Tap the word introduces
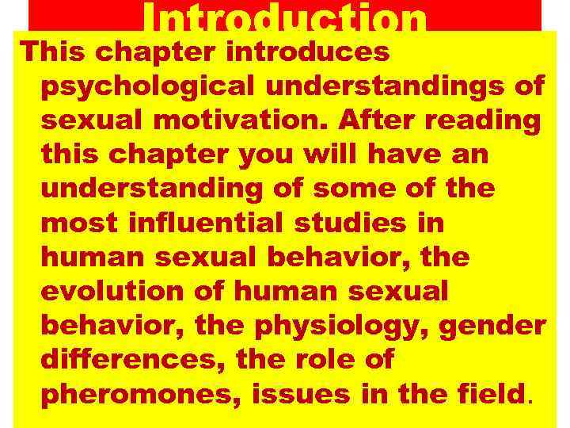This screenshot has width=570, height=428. [x=308, y=52]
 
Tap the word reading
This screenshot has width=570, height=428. [x=490, y=120]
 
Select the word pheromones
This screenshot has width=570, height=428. [x=136, y=393]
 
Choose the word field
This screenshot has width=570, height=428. [x=491, y=393]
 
